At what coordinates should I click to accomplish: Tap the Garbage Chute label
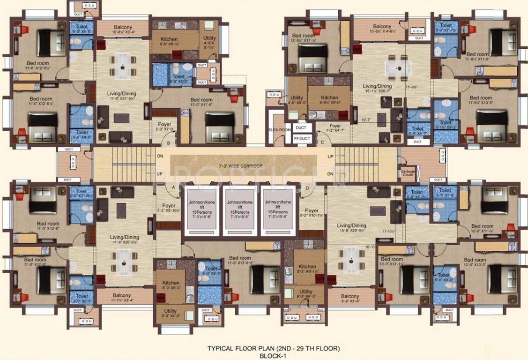[407, 172]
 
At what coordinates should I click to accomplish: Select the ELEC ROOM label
[280, 129]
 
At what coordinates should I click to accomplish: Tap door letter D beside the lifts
[307, 188]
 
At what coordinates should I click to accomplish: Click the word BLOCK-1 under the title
[274, 356]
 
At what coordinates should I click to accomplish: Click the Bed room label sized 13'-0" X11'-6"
[201, 100]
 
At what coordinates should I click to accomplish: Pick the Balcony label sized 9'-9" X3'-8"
[350, 296]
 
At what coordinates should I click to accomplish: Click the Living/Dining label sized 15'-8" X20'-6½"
[351, 226]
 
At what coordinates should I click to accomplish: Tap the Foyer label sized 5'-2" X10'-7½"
[312, 211]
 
